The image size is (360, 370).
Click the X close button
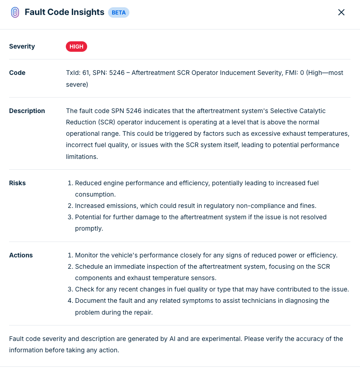pyautogui.click(x=341, y=12)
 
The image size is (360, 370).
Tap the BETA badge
pyautogui.click(x=118, y=12)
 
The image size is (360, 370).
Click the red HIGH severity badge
pyautogui.click(x=76, y=46)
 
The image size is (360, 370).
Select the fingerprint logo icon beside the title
pyautogui.click(x=15, y=12)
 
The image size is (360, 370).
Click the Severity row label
pyautogui.click(x=22, y=46)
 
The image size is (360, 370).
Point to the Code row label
pyautogui.click(x=17, y=73)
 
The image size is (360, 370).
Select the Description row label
pyautogui.click(x=27, y=111)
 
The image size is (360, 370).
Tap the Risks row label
pyautogui.click(x=17, y=183)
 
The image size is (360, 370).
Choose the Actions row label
pyautogui.click(x=21, y=255)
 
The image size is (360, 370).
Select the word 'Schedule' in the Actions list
pyautogui.click(x=89, y=266)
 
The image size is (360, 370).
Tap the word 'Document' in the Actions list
pyautogui.click(x=91, y=301)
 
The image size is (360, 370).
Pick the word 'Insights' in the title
pyautogui.click(x=88, y=12)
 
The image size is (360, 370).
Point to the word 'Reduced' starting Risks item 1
pyautogui.click(x=88, y=183)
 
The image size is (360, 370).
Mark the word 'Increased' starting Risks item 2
pyautogui.click(x=89, y=206)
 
